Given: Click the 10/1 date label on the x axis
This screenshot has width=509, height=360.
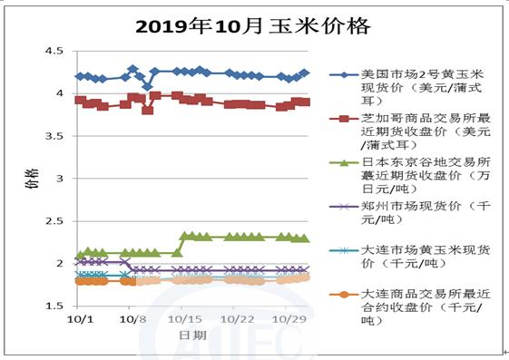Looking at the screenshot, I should tap(79, 320).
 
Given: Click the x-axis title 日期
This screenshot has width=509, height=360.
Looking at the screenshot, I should tap(191, 337).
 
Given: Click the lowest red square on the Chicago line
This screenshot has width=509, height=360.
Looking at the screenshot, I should tap(148, 110).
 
